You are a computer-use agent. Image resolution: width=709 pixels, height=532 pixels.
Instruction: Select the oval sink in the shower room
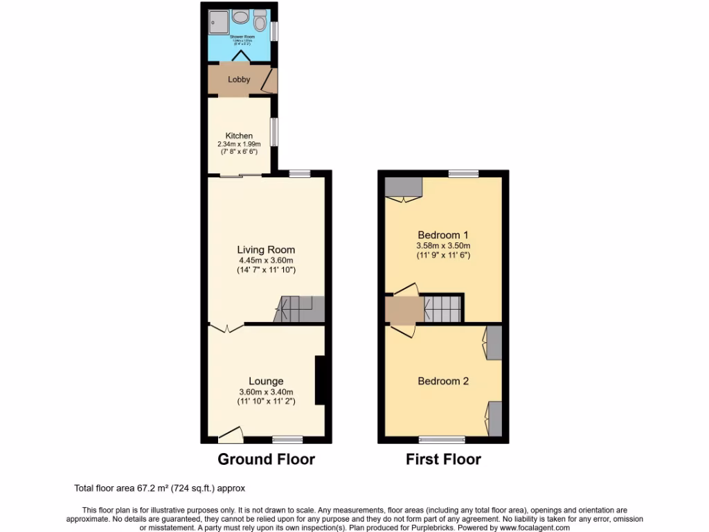coord(241,18)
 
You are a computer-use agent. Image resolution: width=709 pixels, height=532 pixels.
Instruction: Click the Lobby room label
coord(239,80)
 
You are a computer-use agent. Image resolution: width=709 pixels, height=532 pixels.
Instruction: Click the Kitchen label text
coord(239,136)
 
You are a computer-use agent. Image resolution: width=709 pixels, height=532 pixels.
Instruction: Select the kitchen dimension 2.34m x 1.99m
coord(239,144)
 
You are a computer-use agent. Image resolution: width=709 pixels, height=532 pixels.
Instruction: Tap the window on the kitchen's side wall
coord(274,132)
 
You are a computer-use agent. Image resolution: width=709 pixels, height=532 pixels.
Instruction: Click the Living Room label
coord(266,250)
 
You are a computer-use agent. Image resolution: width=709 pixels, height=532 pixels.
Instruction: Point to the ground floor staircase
coord(299,308)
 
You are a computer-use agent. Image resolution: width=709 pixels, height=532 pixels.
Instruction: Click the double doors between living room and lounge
coord(225,328)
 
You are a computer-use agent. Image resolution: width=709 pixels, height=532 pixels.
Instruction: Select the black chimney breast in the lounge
coord(320,380)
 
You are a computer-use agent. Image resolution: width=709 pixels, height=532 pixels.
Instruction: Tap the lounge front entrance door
coord(231,436)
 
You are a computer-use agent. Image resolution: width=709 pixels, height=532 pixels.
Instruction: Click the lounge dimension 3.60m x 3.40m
coord(266,391)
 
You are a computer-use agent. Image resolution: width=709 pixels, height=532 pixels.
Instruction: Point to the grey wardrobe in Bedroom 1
coord(403,187)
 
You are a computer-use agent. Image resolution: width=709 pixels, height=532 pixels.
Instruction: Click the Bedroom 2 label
coord(443,381)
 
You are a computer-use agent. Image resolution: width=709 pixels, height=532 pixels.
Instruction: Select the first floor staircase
coord(442,308)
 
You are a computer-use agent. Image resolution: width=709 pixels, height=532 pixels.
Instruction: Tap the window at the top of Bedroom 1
coord(463,173)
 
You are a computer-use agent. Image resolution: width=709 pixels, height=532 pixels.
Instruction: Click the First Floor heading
coord(443,459)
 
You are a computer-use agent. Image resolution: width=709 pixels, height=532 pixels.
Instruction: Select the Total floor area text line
coord(160,488)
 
